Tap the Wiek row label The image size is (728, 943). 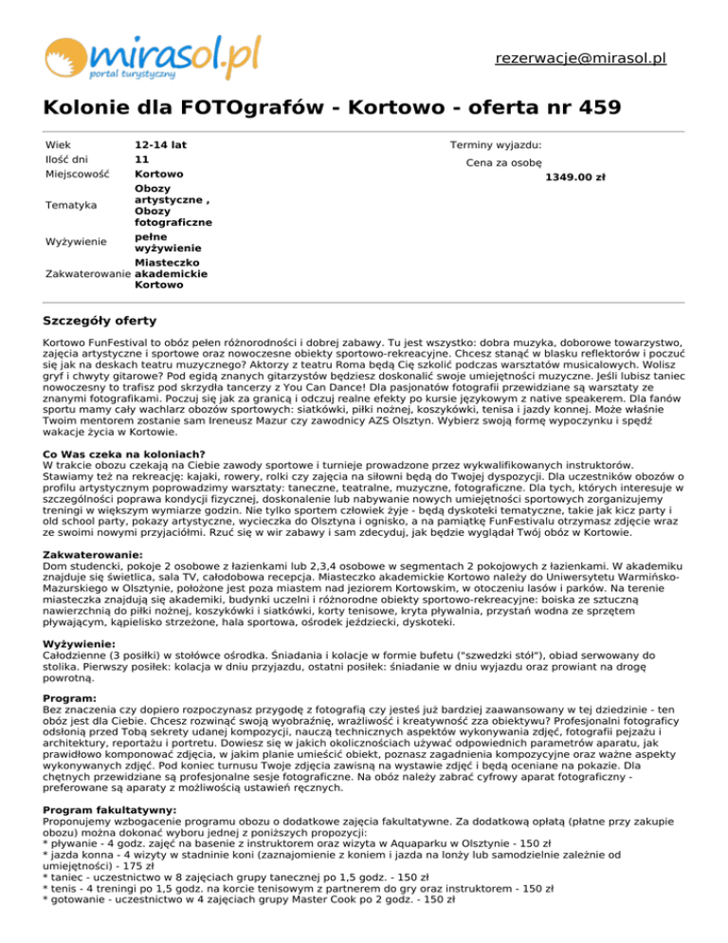[x=58, y=145]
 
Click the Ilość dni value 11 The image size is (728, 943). [x=141, y=160]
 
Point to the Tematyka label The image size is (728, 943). [x=70, y=205]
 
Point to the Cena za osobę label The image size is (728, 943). [x=504, y=163]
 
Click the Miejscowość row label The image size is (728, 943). [x=77, y=176]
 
